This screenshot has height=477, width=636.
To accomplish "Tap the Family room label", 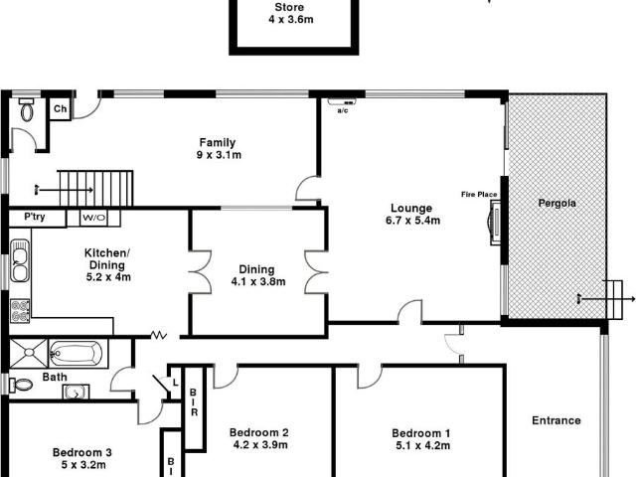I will tap(216, 141).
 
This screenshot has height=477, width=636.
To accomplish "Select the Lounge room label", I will tap(411, 209).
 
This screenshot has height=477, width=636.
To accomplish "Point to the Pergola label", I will tap(557, 203).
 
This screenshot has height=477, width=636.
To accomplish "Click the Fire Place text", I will tap(478, 193).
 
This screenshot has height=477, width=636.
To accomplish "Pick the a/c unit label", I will tap(343, 109).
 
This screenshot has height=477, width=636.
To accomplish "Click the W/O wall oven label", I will tap(94, 217).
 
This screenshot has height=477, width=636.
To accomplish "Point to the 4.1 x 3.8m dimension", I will tap(258, 282).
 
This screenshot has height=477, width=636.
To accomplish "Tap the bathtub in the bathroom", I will tap(76, 353).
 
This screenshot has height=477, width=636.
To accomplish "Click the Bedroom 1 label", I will tap(421, 433).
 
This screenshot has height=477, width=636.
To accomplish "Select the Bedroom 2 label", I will tap(258, 432).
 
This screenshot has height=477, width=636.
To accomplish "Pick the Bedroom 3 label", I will tap(81, 453).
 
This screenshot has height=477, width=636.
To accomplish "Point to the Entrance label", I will tap(556, 420).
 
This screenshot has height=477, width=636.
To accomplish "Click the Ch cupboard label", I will tap(61, 109).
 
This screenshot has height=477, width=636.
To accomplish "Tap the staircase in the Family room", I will tap(94, 186).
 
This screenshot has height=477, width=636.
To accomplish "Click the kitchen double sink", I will tap(20, 260).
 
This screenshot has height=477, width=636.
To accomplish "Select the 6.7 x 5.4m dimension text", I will tap(411, 222).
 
